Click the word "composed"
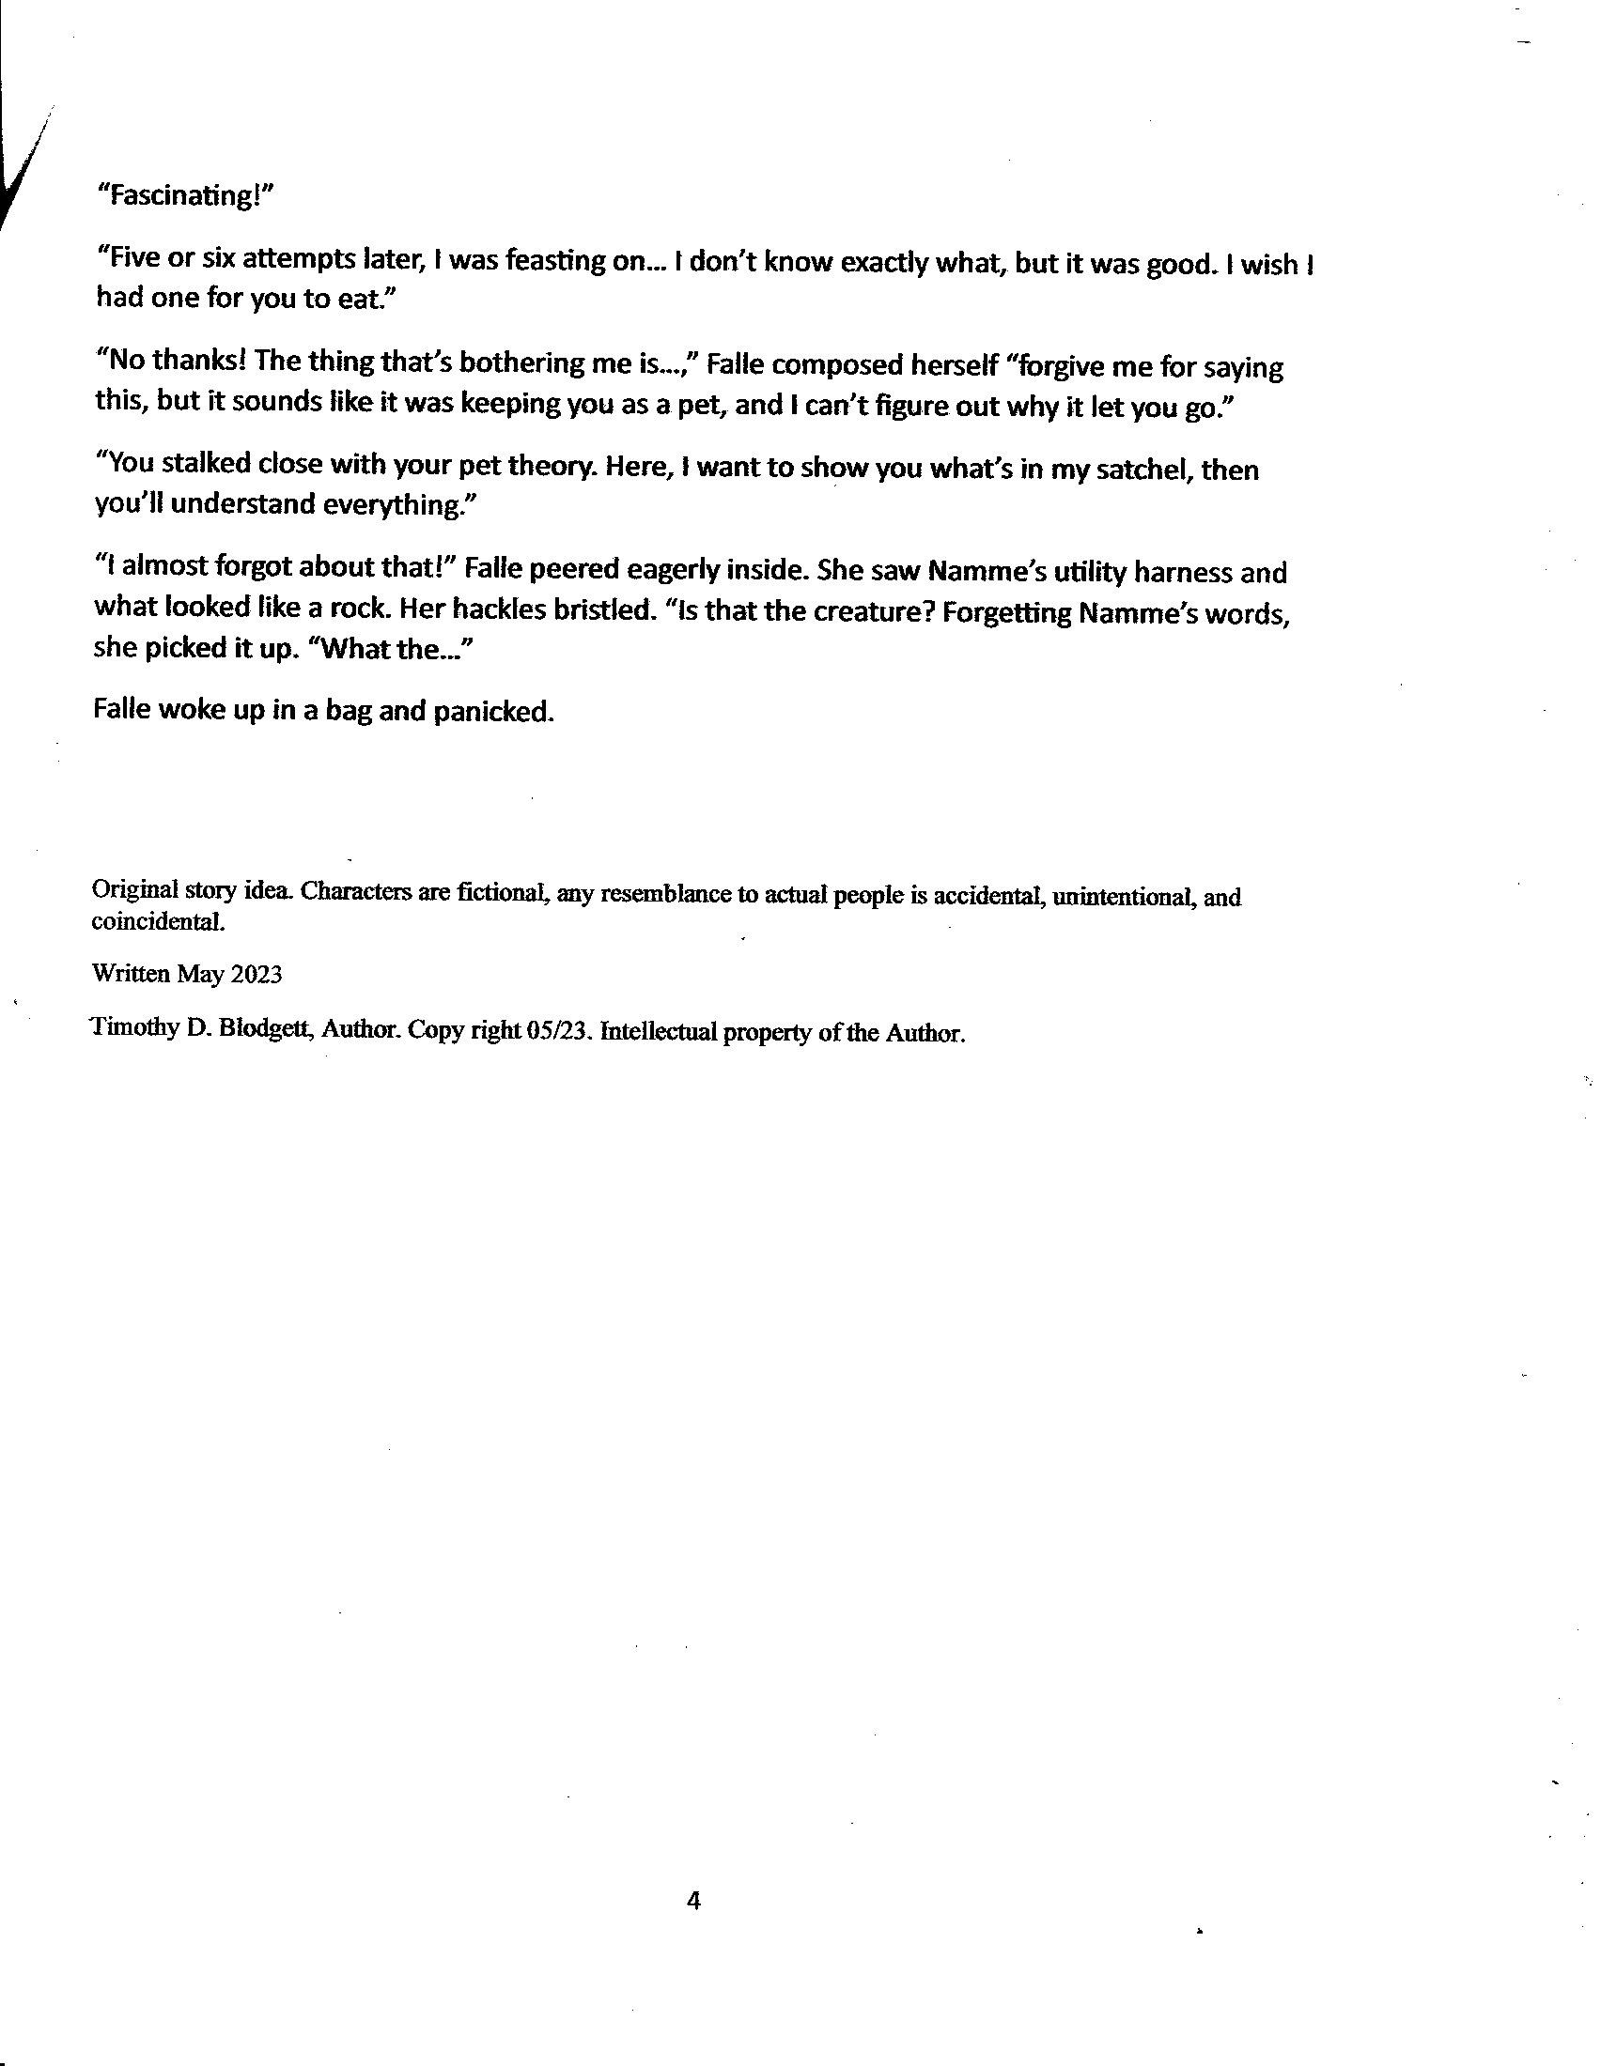pos(842,365)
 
